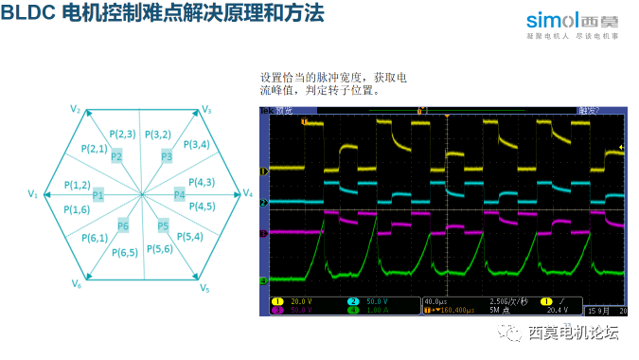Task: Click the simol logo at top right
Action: [x=578, y=21]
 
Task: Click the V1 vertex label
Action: [x=32, y=194]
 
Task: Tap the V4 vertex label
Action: [x=248, y=193]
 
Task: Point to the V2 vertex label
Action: [x=76, y=110]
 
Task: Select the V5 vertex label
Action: [x=205, y=285]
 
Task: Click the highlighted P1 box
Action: [x=98, y=195]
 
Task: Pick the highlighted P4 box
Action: [x=180, y=195]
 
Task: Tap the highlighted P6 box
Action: [x=123, y=225]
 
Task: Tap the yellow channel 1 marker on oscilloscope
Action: [x=264, y=171]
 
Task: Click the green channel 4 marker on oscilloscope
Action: [x=264, y=280]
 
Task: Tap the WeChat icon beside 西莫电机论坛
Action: [x=511, y=333]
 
